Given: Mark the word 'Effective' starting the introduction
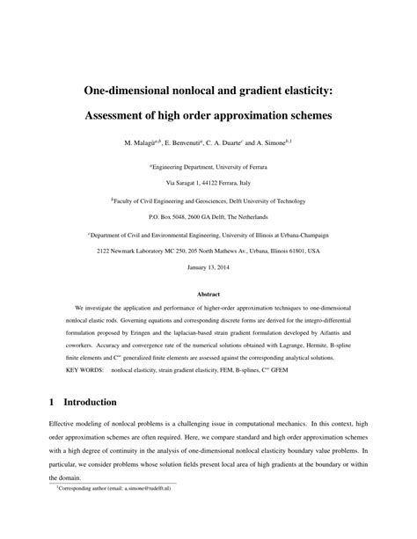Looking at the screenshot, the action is tap(67, 423).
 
